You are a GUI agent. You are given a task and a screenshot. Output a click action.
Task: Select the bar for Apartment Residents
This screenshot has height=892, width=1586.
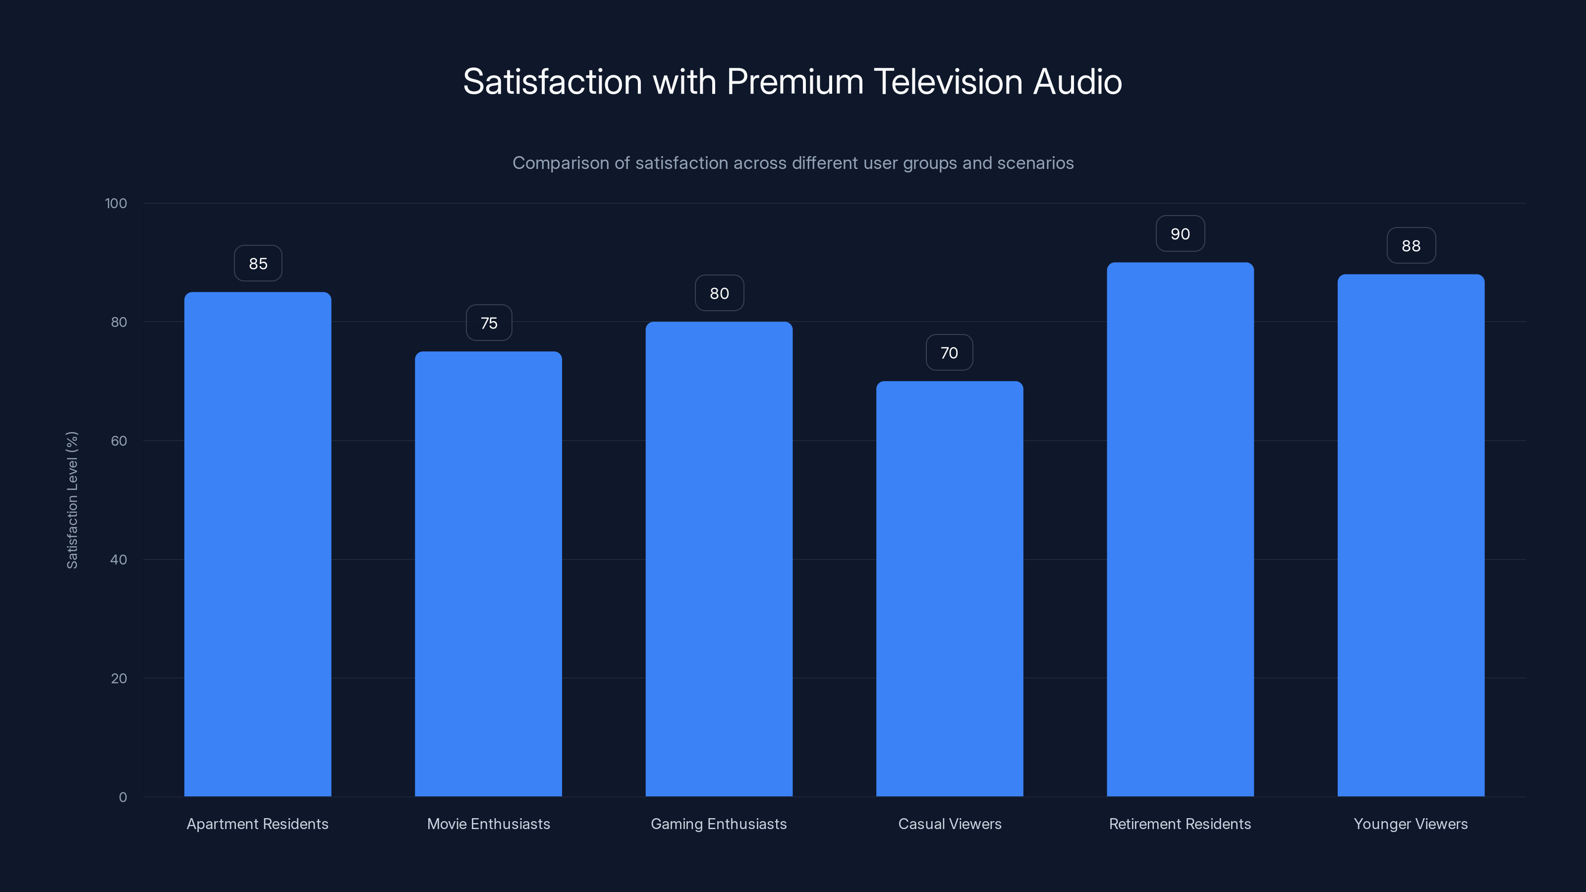click(x=257, y=544)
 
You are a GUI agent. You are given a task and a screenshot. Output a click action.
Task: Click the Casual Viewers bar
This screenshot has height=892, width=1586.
click(x=950, y=589)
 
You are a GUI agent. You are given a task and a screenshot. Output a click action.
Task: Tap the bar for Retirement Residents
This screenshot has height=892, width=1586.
click(x=1180, y=529)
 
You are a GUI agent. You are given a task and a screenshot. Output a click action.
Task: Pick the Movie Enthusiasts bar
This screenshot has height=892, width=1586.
click(x=488, y=574)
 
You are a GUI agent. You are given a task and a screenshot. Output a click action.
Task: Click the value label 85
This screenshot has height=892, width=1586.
click(x=258, y=264)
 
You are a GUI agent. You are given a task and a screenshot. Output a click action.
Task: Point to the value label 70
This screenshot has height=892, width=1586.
click(x=949, y=353)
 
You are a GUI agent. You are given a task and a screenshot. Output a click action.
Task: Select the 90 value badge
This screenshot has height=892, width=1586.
click(x=1180, y=234)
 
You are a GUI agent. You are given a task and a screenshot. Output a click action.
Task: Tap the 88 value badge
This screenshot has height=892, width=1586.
click(x=1411, y=246)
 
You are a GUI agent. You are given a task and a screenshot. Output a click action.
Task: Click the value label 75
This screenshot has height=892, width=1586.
click(x=489, y=323)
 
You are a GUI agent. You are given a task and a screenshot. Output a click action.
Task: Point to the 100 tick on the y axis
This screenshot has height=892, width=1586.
click(x=116, y=203)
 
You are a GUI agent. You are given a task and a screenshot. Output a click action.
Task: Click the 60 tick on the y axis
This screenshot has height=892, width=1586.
click(x=119, y=441)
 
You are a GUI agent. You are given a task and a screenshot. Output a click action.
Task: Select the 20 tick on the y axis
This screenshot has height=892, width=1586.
click(x=119, y=678)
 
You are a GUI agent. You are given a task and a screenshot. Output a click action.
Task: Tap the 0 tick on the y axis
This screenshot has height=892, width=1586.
click(x=122, y=797)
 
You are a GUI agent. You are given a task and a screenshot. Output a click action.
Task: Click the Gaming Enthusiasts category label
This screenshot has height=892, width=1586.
click(x=719, y=824)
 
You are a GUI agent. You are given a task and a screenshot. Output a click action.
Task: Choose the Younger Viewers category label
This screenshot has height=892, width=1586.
click(x=1411, y=824)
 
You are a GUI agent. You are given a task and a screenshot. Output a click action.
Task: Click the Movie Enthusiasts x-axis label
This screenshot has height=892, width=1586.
click(x=488, y=824)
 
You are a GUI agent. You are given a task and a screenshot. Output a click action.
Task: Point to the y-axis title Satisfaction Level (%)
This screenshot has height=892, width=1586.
click(x=72, y=500)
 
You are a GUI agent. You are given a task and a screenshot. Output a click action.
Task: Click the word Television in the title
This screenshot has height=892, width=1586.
click(x=948, y=82)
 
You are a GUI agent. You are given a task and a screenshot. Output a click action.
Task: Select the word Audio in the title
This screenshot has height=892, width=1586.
click(x=1077, y=82)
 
